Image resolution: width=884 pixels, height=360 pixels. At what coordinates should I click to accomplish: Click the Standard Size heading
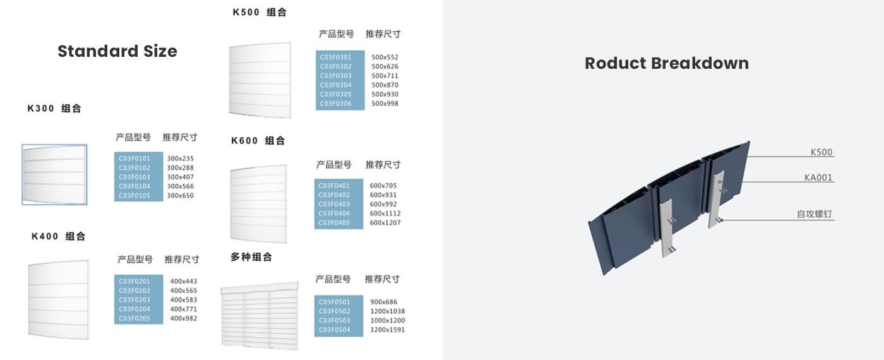[x=117, y=51]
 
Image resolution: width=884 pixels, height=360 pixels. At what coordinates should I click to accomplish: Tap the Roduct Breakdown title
[x=667, y=64]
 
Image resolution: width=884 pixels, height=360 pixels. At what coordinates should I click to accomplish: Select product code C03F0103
[x=134, y=177]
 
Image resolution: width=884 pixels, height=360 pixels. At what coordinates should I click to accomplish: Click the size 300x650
[x=181, y=195]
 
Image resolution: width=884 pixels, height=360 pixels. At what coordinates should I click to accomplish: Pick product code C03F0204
[x=134, y=309]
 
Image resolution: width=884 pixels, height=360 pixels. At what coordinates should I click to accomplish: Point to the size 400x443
[x=184, y=281]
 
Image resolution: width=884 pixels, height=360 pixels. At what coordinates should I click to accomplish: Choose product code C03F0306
[x=335, y=104]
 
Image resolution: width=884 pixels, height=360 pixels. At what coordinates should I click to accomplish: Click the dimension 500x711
[x=385, y=75]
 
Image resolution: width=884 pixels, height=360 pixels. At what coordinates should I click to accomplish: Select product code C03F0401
[x=334, y=186]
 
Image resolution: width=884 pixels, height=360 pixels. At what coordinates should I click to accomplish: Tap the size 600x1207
[x=385, y=222]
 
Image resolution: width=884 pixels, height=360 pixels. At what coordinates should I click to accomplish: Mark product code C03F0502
[x=334, y=311]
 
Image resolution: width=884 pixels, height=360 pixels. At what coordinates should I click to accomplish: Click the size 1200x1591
[x=388, y=330]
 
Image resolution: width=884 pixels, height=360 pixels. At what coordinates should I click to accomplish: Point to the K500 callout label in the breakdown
[x=821, y=152]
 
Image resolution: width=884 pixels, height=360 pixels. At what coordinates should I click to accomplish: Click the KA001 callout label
[x=818, y=177]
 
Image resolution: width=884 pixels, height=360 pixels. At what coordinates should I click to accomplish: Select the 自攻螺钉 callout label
[x=814, y=214]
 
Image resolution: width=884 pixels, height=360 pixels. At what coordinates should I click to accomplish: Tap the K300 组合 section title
[x=54, y=109]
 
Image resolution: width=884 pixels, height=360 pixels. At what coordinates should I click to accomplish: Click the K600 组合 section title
[x=258, y=140]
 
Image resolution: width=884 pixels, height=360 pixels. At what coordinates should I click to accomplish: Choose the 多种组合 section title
[x=251, y=257]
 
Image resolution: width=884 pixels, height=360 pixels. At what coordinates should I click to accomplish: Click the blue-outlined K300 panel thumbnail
[x=54, y=174]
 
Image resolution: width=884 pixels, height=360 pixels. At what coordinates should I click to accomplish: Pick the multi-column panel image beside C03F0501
[x=260, y=315]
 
